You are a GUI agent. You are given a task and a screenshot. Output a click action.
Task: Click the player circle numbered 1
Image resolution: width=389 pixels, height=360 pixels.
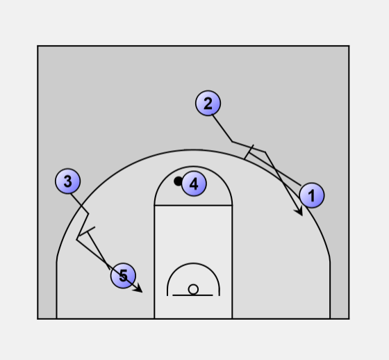[312, 195]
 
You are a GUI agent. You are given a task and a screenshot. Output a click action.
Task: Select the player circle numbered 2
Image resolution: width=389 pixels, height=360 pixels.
[208, 103]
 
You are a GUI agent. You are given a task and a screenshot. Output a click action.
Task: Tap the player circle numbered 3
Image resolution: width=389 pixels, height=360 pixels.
[68, 181]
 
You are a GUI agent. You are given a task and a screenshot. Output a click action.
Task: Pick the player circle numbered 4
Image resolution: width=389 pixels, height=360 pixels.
[194, 183]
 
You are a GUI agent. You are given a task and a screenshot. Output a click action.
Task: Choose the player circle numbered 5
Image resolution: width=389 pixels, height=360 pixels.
[123, 276]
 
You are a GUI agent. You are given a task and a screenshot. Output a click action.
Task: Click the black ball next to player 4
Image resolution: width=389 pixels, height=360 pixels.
[178, 181]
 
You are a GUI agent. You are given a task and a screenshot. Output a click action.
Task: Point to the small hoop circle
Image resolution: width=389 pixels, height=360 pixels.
[193, 290]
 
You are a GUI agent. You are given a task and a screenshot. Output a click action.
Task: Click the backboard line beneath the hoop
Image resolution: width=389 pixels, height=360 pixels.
[192, 295]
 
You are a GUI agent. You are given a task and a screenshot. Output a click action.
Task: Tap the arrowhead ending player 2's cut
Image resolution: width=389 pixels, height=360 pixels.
[299, 211]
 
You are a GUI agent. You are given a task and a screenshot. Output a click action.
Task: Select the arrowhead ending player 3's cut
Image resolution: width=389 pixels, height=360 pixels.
[138, 289]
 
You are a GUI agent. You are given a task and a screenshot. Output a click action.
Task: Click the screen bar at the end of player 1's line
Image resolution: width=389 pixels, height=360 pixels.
[249, 152]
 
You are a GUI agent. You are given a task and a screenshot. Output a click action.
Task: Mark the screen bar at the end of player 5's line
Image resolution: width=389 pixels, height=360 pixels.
[87, 231]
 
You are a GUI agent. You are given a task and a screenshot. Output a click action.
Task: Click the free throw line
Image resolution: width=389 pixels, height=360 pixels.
[193, 205]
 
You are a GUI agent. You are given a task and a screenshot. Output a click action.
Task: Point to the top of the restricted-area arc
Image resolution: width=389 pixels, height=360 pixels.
[193, 263]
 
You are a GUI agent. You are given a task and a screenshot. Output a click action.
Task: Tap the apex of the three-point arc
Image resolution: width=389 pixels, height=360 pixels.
[193, 149]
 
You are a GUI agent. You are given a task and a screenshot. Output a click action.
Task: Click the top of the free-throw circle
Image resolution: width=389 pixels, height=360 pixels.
[193, 167]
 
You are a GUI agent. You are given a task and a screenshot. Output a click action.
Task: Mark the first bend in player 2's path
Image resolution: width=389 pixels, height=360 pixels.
[232, 142]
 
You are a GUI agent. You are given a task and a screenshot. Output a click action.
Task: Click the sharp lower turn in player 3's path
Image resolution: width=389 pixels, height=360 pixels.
[77, 239]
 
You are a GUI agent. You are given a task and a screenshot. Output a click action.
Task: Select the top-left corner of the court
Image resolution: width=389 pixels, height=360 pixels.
[38, 46]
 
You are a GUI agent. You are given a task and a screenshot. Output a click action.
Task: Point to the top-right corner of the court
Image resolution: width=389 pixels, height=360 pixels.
[349, 46]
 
